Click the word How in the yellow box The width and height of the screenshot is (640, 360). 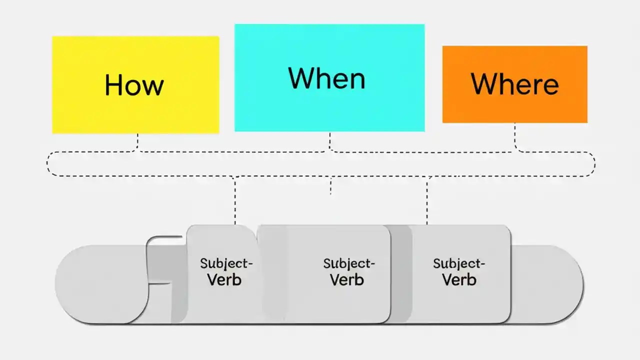[x=134, y=85]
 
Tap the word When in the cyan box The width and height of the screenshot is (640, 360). [x=326, y=78]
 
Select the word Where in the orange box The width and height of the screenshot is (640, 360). [x=514, y=84]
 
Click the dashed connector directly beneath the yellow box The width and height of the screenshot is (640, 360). [x=137, y=142]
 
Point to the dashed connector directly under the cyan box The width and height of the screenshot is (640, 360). [x=329, y=141]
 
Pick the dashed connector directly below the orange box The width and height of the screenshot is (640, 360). [x=515, y=137]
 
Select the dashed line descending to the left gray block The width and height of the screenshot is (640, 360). [x=235, y=200]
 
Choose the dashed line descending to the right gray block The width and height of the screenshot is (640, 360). [x=427, y=200]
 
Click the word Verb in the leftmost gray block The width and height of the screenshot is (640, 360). [x=224, y=279]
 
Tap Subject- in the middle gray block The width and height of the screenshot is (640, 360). [x=349, y=263]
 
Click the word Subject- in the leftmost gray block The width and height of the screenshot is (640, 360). [x=226, y=263]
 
